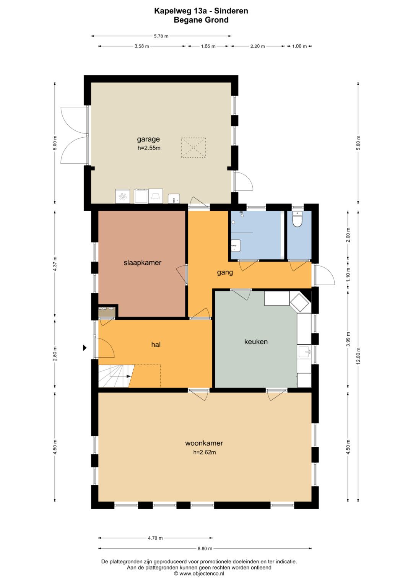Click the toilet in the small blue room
point(297,219)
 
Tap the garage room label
point(148,139)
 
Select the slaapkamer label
point(142,262)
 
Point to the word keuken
point(256,342)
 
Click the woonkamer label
point(204,443)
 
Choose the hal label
point(156,345)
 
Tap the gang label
point(225,273)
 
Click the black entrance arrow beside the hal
point(85,348)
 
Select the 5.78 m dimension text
point(161,36)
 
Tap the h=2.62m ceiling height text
point(205,452)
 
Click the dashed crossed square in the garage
point(193,148)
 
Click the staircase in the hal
point(116,376)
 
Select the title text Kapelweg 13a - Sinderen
point(201,11)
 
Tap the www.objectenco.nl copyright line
point(199,573)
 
